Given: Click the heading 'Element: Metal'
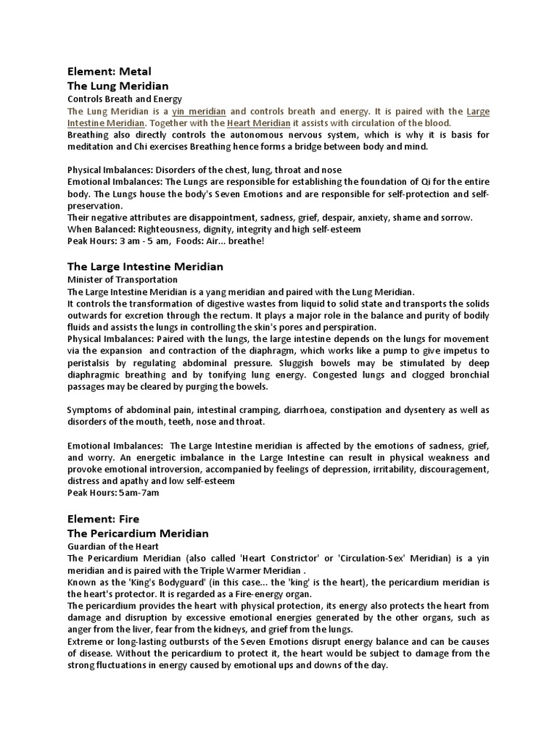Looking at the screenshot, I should click(110, 72).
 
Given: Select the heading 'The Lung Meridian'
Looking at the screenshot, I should click(117, 86).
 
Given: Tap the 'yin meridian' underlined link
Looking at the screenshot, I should click(199, 112).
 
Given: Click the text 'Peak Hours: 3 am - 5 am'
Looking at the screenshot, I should click(117, 241).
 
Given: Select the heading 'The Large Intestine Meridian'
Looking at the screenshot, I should click(145, 267).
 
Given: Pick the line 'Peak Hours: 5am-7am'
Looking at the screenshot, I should click(112, 493).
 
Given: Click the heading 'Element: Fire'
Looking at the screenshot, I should click(103, 519).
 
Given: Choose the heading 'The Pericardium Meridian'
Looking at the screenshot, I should click(138, 533).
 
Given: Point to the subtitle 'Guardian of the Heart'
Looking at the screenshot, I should click(112, 546).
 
